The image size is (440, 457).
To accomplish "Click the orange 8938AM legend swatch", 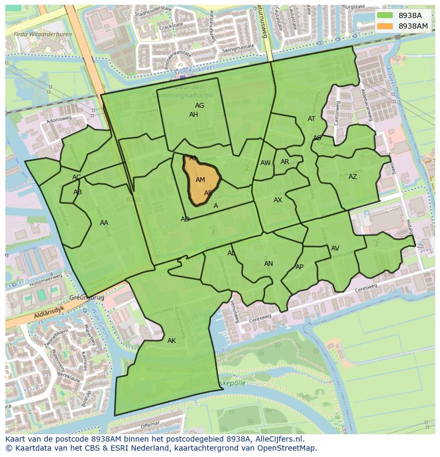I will tap(386, 26).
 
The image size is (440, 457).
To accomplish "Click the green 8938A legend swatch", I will tap(386, 16).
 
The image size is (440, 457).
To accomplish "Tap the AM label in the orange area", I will tap(200, 180).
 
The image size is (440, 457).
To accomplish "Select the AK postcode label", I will tap(172, 341).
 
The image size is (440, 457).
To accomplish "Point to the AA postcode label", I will tap(104, 223).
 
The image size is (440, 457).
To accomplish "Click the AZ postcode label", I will tap(353, 177).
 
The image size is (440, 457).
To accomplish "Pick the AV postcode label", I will tap(335, 248).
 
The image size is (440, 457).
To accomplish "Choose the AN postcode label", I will tap(268, 264).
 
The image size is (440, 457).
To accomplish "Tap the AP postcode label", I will tap(299, 267).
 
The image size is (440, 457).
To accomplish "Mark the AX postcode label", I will tap(278, 200).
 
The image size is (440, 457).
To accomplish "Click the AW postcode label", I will tap(265, 163).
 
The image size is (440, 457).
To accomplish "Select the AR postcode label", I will tap(285, 162).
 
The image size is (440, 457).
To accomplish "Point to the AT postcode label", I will tap(311, 119).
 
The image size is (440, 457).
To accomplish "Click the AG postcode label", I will tap(199, 106).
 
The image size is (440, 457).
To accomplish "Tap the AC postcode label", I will tap(77, 177).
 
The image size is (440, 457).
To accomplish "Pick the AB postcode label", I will tap(78, 192).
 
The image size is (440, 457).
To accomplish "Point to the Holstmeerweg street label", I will tap(45, 280).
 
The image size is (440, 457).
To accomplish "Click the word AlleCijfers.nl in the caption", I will tap(277, 439).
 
